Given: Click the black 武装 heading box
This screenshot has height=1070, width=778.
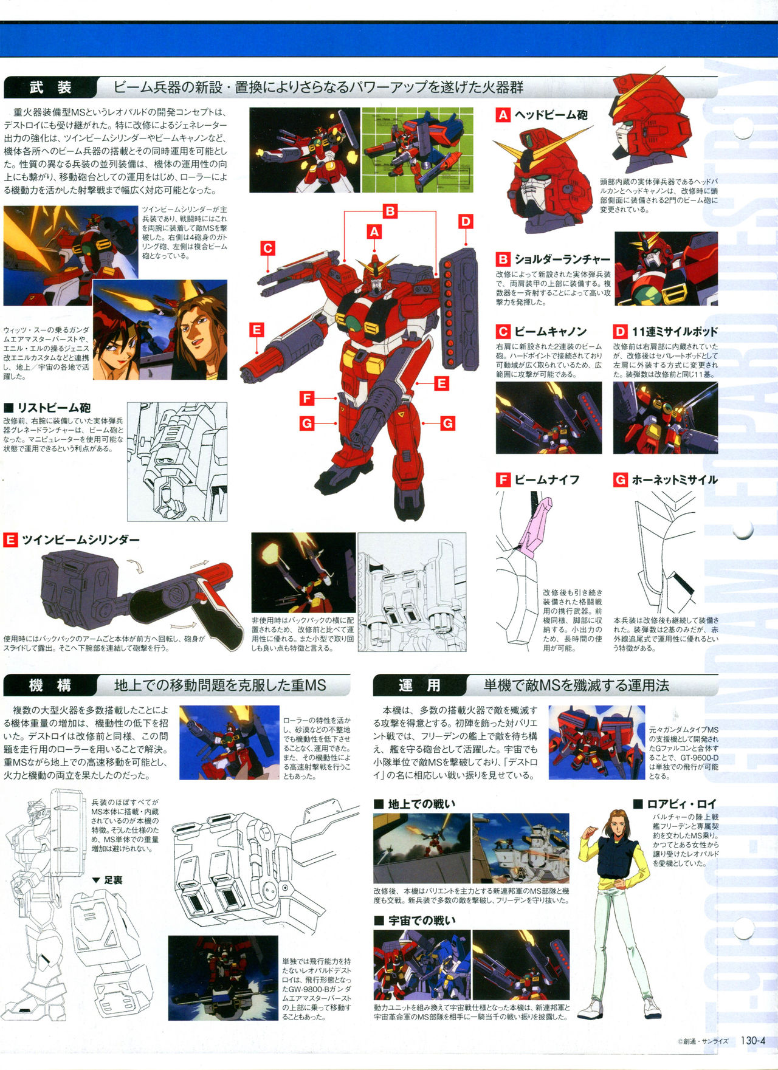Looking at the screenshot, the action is tap(50, 87).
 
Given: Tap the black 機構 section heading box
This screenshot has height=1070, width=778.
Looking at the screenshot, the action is tap(50, 685).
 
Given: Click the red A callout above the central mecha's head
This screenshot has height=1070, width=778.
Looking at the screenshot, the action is tap(374, 231).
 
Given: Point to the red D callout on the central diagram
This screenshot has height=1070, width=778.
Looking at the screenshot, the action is tap(466, 221).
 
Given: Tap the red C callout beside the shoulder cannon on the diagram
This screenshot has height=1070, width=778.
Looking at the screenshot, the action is tap(267, 248).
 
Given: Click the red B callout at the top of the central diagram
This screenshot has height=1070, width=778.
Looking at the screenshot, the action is tap(390, 211).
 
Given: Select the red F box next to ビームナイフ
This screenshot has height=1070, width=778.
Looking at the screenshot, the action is tap(503, 480).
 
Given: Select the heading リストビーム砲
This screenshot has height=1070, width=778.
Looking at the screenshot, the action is tap(54, 408).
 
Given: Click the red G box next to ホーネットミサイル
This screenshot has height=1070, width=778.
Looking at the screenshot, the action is tap(620, 480).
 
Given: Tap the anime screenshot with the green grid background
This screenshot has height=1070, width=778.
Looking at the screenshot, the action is tap(417, 150).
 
